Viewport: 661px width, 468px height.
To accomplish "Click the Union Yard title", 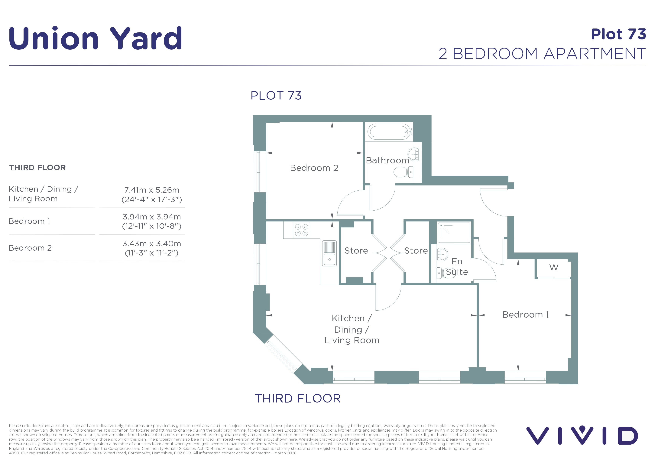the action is coord(95,38).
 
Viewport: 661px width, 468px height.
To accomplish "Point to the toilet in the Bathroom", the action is coord(403,172).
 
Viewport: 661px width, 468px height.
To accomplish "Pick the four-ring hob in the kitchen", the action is coord(301,230).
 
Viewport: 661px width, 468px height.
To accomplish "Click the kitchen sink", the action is coord(329,253).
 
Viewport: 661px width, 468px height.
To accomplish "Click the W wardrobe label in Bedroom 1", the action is coord(554,267).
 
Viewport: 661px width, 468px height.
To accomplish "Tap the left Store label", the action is coord(356,251).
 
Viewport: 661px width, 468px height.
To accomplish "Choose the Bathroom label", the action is coord(387,160).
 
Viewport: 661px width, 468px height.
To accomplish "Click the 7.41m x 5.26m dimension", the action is coord(152,190).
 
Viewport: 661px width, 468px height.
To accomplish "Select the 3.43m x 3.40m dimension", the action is coord(152,244).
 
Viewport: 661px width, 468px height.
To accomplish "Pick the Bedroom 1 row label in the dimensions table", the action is coord(29,221).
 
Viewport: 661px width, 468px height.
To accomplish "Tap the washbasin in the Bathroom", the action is coord(413,154).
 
